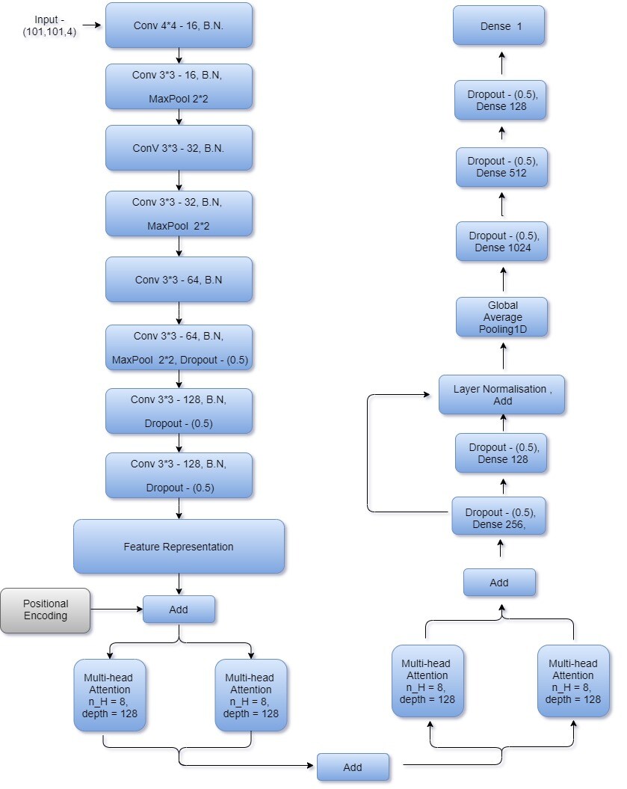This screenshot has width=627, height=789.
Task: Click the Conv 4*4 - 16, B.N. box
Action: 179,25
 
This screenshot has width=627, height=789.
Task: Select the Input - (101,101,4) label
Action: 49,25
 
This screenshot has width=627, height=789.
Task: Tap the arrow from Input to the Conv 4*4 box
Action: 92,25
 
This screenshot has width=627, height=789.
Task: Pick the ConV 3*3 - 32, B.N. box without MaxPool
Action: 179,148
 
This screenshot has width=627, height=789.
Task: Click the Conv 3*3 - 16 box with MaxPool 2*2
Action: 179,87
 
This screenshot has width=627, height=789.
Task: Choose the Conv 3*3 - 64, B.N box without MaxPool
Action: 179,280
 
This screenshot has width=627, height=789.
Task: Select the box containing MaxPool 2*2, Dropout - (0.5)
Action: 179,348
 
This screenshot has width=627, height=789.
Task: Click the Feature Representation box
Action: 179,547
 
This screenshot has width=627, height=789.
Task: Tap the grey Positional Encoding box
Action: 46,610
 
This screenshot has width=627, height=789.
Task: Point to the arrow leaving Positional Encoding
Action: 117,610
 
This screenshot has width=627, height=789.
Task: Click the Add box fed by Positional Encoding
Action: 179,610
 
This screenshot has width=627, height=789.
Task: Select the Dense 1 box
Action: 498,25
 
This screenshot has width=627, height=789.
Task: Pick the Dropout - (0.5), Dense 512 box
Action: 501,167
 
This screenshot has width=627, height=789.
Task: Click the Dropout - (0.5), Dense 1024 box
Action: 501,242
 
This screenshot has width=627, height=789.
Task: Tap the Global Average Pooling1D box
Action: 501,317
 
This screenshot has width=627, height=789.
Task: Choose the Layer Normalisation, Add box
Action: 501,395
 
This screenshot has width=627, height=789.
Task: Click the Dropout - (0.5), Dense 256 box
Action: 498,516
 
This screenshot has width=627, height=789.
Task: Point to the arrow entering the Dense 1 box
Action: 501,62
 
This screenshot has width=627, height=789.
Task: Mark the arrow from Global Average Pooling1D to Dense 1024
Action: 503,279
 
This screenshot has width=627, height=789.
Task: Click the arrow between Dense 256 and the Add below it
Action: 500,547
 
